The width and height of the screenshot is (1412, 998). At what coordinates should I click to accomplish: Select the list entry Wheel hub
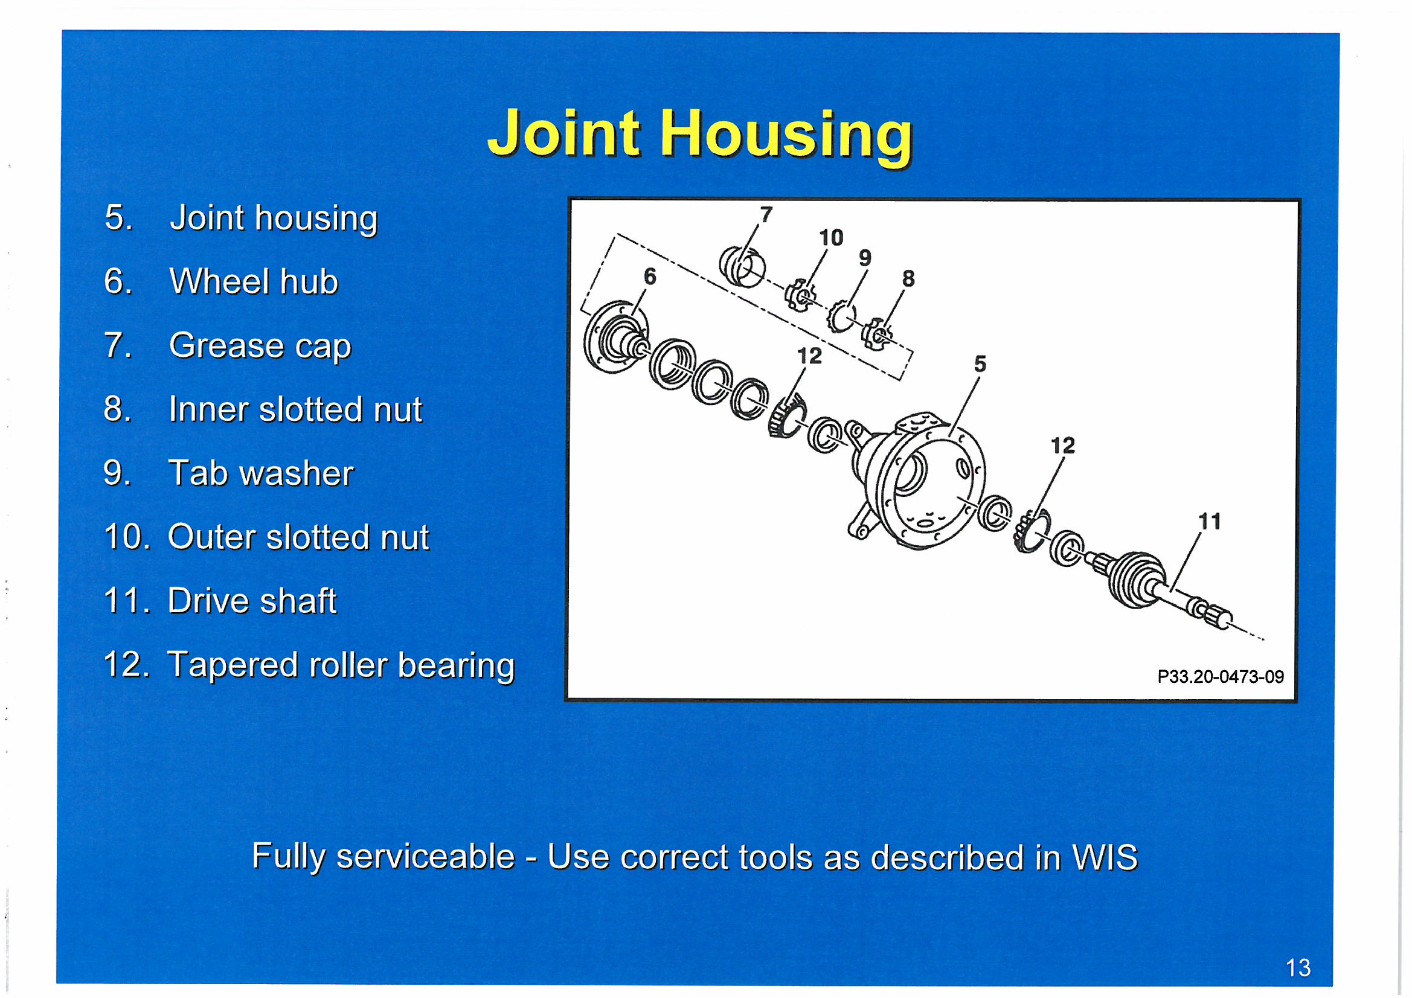(x=221, y=281)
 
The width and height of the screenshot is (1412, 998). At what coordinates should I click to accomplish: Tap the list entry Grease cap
(x=228, y=346)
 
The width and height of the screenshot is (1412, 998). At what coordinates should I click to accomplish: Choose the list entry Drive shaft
(x=220, y=601)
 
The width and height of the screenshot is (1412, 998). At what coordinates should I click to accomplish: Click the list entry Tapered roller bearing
(x=309, y=666)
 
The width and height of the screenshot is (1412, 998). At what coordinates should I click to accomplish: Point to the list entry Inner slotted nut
(x=263, y=409)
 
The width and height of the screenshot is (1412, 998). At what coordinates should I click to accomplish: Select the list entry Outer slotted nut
(x=266, y=537)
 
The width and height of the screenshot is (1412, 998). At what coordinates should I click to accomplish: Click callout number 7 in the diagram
(x=766, y=214)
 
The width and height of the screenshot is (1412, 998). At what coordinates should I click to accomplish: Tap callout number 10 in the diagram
(x=831, y=237)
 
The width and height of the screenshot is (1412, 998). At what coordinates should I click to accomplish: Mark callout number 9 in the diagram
(x=865, y=258)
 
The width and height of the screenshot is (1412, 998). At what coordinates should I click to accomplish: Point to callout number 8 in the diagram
(x=908, y=278)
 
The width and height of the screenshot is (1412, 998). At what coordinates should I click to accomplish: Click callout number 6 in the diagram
(x=650, y=277)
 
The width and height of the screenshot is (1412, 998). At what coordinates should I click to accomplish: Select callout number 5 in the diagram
(x=980, y=364)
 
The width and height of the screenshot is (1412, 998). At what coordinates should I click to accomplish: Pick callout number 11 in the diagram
(x=1209, y=522)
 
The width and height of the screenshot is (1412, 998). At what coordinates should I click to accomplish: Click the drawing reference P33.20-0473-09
(x=1220, y=677)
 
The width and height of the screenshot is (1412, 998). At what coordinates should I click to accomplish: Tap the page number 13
(x=1298, y=968)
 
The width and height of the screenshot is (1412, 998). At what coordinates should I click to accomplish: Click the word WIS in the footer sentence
(x=1105, y=857)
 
